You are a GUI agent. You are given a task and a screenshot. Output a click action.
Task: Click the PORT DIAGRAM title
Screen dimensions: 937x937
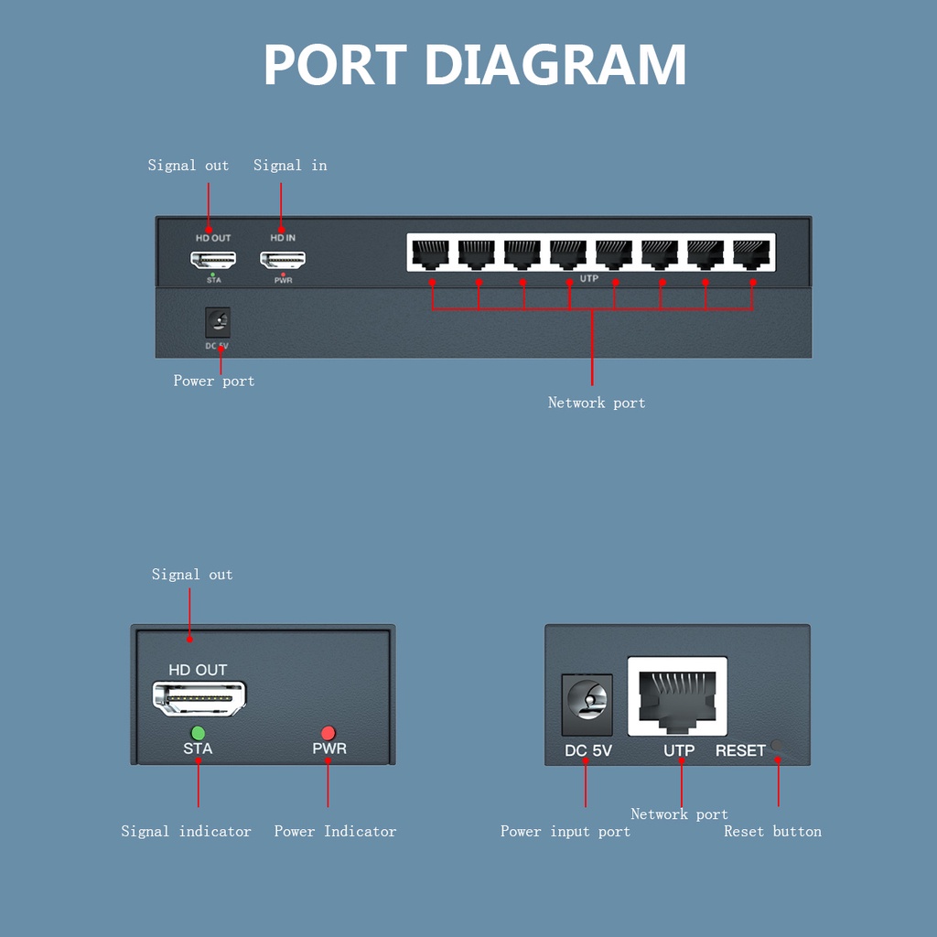point(474,65)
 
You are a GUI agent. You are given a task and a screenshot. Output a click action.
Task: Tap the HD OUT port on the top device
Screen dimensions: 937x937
point(213,259)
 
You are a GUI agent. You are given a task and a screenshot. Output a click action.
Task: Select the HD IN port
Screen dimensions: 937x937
point(283,259)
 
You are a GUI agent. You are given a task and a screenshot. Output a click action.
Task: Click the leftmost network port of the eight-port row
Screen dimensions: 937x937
point(430,253)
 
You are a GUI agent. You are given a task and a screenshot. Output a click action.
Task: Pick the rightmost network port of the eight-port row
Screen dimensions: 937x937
point(751,253)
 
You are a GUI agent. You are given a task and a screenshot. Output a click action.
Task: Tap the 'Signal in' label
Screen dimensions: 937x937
point(290,166)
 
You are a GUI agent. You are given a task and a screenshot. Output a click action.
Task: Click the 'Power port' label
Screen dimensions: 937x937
point(214,381)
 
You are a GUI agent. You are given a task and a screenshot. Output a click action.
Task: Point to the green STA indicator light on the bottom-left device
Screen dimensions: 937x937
point(198,733)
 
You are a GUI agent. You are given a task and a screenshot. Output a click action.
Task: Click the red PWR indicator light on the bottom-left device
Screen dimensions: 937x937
point(328,733)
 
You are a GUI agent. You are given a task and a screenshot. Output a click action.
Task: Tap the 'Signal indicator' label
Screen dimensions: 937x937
point(186,832)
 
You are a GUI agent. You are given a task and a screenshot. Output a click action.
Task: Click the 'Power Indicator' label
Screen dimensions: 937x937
point(335,832)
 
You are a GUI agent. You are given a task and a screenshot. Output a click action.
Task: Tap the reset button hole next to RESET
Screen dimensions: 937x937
point(778,747)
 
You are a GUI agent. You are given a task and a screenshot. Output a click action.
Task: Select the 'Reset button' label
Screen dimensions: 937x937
point(772,832)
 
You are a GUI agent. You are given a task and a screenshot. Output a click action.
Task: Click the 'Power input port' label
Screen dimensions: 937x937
point(565,832)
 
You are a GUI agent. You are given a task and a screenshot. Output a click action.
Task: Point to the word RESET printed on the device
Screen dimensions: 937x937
point(740,751)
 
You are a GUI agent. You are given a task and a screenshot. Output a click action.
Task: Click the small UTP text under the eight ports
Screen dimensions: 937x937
point(589,277)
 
